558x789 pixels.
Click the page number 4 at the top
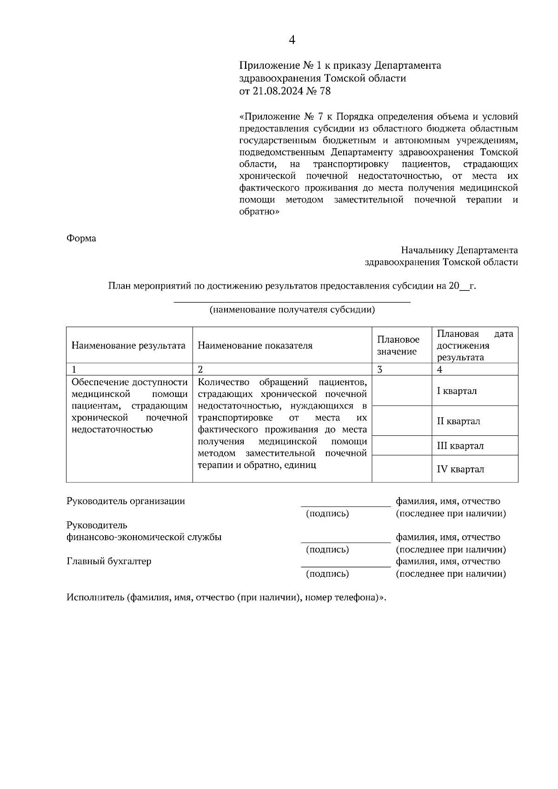click(x=292, y=40)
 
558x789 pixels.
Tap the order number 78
click(x=325, y=91)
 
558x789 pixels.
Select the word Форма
click(x=81, y=238)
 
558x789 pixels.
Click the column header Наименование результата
click(x=128, y=345)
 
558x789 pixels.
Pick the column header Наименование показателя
click(x=255, y=345)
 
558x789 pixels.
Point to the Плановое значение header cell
click(x=398, y=346)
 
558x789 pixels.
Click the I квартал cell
click(x=457, y=391)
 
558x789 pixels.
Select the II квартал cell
click(x=458, y=421)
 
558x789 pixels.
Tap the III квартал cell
click(x=460, y=446)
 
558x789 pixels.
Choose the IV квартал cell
click(x=460, y=469)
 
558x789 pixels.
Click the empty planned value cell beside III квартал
click(x=401, y=446)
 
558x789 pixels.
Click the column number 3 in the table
click(x=379, y=370)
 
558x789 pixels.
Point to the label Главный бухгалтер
click(x=109, y=561)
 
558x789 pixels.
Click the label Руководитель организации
click(x=126, y=501)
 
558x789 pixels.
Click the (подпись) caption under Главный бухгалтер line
click(x=327, y=574)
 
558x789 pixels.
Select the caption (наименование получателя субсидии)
click(x=292, y=310)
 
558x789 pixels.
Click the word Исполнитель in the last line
click(x=95, y=598)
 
